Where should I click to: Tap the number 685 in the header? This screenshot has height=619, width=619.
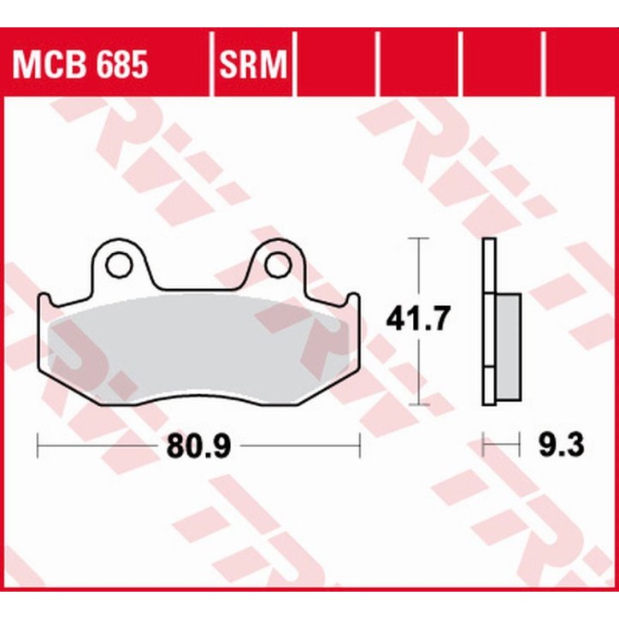pos(120,64)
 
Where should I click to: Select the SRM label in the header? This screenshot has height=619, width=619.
pos(253,64)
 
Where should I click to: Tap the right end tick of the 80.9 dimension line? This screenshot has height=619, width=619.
pos(360,445)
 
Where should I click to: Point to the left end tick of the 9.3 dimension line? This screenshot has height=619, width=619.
pos(484,445)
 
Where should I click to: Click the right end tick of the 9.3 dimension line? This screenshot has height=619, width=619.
pos(521,445)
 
